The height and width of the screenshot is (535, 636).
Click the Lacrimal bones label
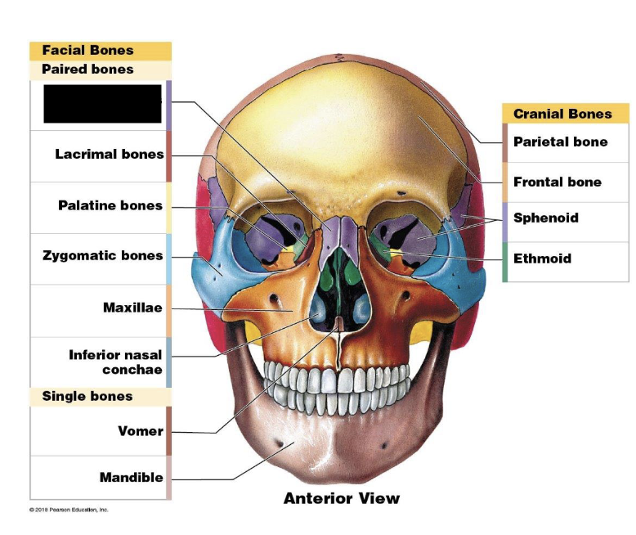(x=110, y=155)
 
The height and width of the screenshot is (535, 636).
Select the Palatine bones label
(x=110, y=205)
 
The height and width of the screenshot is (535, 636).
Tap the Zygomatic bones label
(x=103, y=256)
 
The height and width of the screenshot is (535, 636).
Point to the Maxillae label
(x=132, y=308)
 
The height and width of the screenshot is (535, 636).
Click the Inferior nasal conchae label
(x=115, y=362)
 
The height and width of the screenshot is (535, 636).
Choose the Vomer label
(x=141, y=431)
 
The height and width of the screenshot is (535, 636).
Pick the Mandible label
(x=132, y=478)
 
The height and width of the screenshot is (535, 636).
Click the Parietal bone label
(x=560, y=142)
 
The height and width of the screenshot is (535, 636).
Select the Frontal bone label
(x=557, y=182)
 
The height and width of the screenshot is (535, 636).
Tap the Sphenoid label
(x=545, y=218)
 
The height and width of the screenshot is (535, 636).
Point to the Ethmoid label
(x=542, y=259)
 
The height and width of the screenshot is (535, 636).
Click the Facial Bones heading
(x=87, y=51)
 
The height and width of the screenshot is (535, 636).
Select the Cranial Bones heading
(x=562, y=115)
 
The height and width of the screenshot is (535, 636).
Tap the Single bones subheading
(x=87, y=397)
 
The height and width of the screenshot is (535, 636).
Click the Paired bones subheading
(x=87, y=70)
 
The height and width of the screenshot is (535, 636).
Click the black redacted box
(x=102, y=104)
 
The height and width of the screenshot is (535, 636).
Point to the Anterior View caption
(x=342, y=498)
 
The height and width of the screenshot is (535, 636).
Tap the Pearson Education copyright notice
(x=69, y=510)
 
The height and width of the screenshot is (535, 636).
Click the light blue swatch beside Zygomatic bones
(x=168, y=259)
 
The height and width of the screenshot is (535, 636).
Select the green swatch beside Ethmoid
(x=505, y=262)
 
